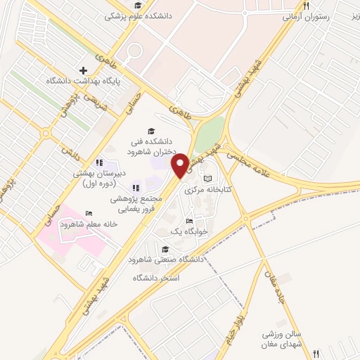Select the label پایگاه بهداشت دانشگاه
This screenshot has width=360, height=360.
click(83, 81)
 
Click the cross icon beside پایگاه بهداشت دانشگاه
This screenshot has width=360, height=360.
click(84, 70)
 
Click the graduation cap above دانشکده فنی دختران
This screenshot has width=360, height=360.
click(150, 131)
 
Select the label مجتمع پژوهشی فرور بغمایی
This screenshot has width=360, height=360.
click(136, 203)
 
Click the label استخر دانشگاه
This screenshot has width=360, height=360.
click(156, 278)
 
